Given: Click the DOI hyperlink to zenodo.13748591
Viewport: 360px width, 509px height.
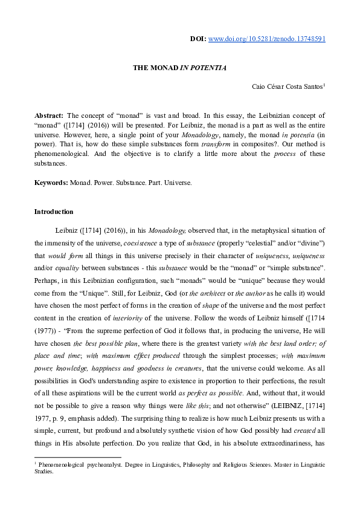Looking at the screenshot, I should pos(267,39).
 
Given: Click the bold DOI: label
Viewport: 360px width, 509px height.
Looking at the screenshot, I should pos(198,39).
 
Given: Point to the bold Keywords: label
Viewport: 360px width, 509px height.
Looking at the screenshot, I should pos(51,182).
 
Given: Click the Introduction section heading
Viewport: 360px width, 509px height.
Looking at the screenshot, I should pos(54,212).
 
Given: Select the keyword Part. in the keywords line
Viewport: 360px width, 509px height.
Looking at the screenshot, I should pos(154,182).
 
